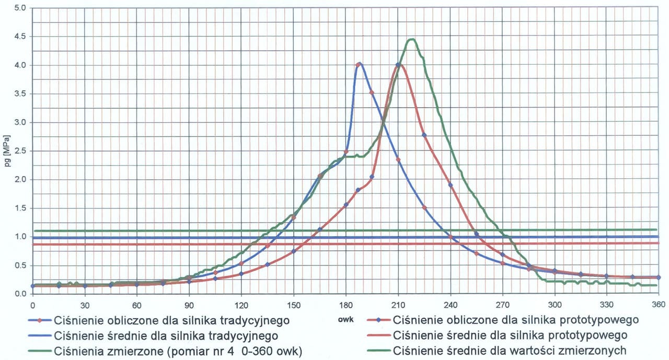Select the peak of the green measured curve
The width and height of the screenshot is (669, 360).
411,39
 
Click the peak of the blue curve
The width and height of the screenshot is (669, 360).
359,64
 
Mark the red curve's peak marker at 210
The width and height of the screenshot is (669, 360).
398,65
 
